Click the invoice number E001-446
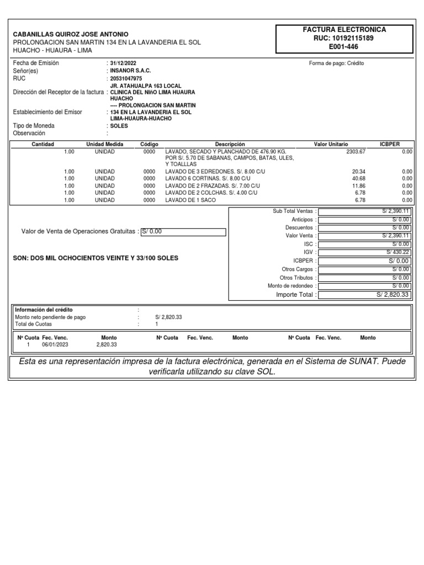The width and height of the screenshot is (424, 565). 343,47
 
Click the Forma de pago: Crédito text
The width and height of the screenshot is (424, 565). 336,63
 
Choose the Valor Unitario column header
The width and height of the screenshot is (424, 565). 331,144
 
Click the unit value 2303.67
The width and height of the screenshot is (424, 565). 356,151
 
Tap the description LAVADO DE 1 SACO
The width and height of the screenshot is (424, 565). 190,200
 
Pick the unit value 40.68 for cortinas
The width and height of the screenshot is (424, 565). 358,179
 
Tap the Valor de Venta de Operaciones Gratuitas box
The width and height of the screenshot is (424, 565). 183,232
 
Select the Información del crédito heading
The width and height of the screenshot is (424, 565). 44,310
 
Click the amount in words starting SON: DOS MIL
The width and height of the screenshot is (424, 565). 96,258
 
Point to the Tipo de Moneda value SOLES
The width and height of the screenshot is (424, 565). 119,126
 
